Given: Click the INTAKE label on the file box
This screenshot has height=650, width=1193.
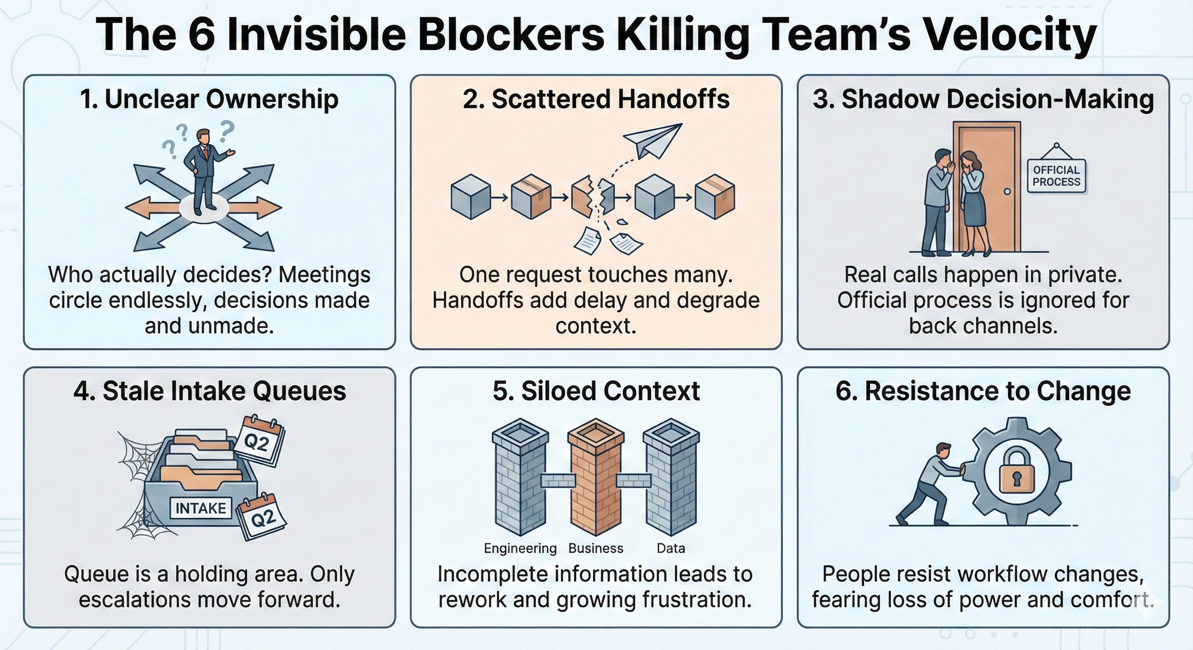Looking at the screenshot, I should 200,508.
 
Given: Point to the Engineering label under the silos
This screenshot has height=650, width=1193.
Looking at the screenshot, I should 520,548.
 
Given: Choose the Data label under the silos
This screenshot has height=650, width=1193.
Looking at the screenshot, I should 671,548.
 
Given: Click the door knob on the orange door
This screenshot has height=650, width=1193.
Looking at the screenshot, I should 1007,191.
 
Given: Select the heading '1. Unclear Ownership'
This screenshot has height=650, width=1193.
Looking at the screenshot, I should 209,99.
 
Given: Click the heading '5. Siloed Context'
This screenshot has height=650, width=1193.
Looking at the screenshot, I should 596,391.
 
